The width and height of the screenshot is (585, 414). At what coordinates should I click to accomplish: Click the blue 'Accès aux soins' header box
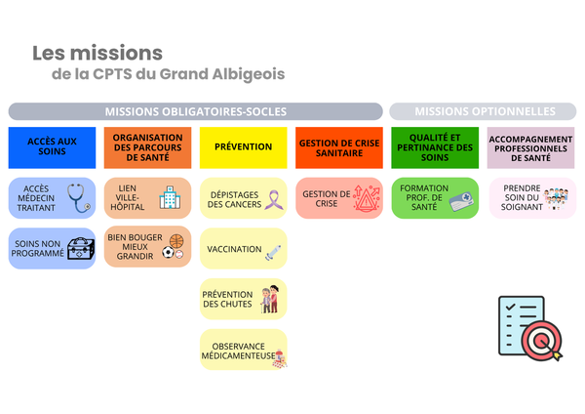pyautogui.click(x=52, y=146)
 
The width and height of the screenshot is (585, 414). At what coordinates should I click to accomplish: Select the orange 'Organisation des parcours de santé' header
pyautogui.click(x=147, y=146)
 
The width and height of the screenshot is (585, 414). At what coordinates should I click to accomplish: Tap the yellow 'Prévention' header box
pyautogui.click(x=243, y=146)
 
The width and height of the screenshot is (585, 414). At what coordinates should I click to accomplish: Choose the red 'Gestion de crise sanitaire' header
pyautogui.click(x=338, y=146)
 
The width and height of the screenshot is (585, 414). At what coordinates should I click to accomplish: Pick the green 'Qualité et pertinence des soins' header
pyautogui.click(x=434, y=146)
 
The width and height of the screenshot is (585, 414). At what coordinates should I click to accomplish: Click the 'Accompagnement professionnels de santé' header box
pyautogui.click(x=530, y=146)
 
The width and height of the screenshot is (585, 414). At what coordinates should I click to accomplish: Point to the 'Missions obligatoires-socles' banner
pyautogui.click(x=195, y=111)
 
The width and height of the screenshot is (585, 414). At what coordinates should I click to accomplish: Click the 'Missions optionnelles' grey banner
pyautogui.click(x=484, y=111)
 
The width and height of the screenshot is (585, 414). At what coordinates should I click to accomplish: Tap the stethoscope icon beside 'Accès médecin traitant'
pyautogui.click(x=77, y=197)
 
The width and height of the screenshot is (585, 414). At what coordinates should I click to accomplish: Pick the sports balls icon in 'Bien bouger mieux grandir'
pyautogui.click(x=173, y=246)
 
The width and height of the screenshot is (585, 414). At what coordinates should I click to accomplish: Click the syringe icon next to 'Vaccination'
pyautogui.click(x=273, y=252)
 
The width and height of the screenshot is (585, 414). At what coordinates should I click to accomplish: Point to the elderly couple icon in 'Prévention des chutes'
pyautogui.click(x=269, y=299)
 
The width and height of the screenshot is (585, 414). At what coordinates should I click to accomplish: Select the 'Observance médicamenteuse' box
pyautogui.click(x=243, y=350)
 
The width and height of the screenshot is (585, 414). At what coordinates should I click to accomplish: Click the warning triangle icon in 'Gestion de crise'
pyautogui.click(x=367, y=198)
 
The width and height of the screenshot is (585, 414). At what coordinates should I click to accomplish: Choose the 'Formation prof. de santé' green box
pyautogui.click(x=434, y=198)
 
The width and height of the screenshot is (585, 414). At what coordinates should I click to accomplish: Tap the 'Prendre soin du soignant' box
pyautogui.click(x=530, y=198)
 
